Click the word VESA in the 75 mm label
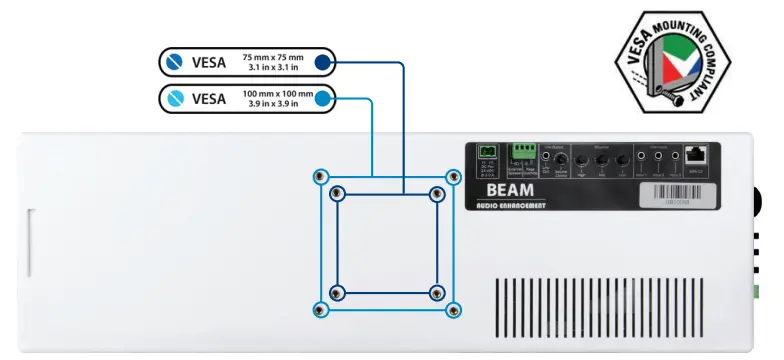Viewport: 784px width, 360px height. pyautogui.click(x=209, y=62)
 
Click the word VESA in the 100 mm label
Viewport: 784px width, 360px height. pyautogui.click(x=209, y=98)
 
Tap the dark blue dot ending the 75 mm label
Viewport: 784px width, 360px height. pyautogui.click(x=322, y=62)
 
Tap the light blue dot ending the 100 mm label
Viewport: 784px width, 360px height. pyautogui.click(x=322, y=98)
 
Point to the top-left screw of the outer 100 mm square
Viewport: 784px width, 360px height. pyautogui.click(x=320, y=177)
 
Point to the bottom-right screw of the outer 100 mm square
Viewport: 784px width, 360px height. pyautogui.click(x=453, y=309)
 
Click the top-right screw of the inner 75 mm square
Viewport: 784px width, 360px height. pyautogui.click(x=436, y=193)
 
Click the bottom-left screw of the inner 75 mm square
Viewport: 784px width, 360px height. pyautogui.click(x=337, y=292)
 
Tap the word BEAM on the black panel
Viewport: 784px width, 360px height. pyautogui.click(x=510, y=188)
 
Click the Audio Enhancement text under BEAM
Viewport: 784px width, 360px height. pyautogui.click(x=510, y=205)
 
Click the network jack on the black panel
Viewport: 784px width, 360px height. pyautogui.click(x=696, y=155)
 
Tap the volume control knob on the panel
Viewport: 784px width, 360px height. pyautogui.click(x=562, y=160)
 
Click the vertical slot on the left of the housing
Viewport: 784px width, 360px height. pyautogui.click(x=31, y=240)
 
